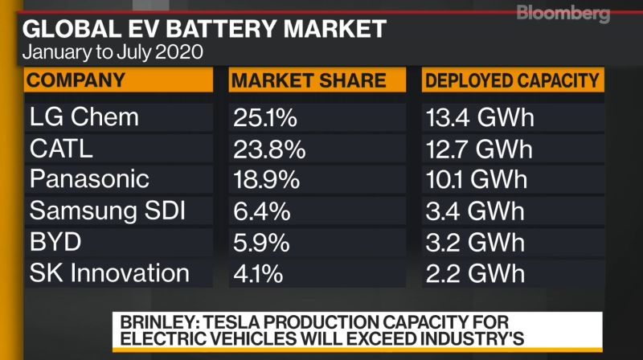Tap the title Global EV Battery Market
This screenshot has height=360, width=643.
tap(205, 30)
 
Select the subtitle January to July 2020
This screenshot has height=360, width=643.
tap(113, 54)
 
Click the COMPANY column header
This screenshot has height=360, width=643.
tap(77, 80)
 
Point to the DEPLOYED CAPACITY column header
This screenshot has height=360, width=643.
tap(513, 80)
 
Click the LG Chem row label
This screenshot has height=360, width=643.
tap(84, 117)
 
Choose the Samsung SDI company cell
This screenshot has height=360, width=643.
tap(108, 211)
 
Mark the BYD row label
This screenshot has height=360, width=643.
tap(56, 242)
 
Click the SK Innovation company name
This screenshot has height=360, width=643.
tap(109, 273)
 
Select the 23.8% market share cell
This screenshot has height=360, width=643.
tap(269, 149)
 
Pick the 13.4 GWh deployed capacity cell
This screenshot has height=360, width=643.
tap(480, 118)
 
